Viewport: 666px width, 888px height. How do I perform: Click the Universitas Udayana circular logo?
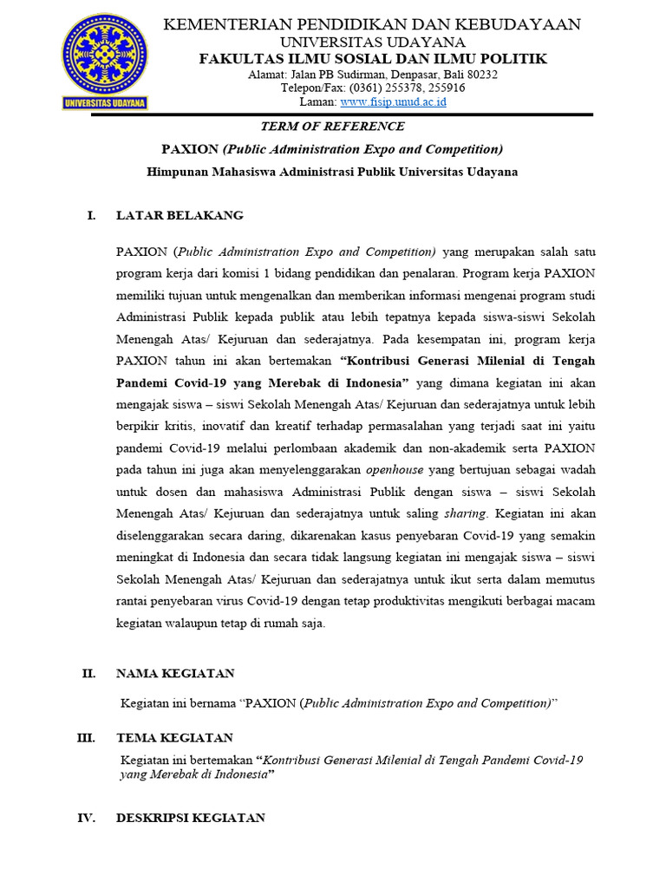[x=105, y=61]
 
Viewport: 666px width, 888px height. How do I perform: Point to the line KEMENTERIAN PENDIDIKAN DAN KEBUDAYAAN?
[x=373, y=24]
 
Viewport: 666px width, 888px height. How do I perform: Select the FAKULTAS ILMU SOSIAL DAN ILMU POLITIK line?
[x=373, y=58]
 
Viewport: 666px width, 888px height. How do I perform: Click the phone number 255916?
[x=446, y=88]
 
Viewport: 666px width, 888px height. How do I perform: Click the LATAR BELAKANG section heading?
[x=180, y=215]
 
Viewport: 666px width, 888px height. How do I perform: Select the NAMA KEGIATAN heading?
[x=175, y=673]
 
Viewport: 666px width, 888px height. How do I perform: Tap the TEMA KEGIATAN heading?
[x=174, y=738]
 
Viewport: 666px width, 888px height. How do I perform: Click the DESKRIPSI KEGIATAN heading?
[x=191, y=818]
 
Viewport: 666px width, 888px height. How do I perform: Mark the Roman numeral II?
[x=88, y=673]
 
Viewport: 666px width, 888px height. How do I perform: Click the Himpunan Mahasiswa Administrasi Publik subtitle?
[x=332, y=172]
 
